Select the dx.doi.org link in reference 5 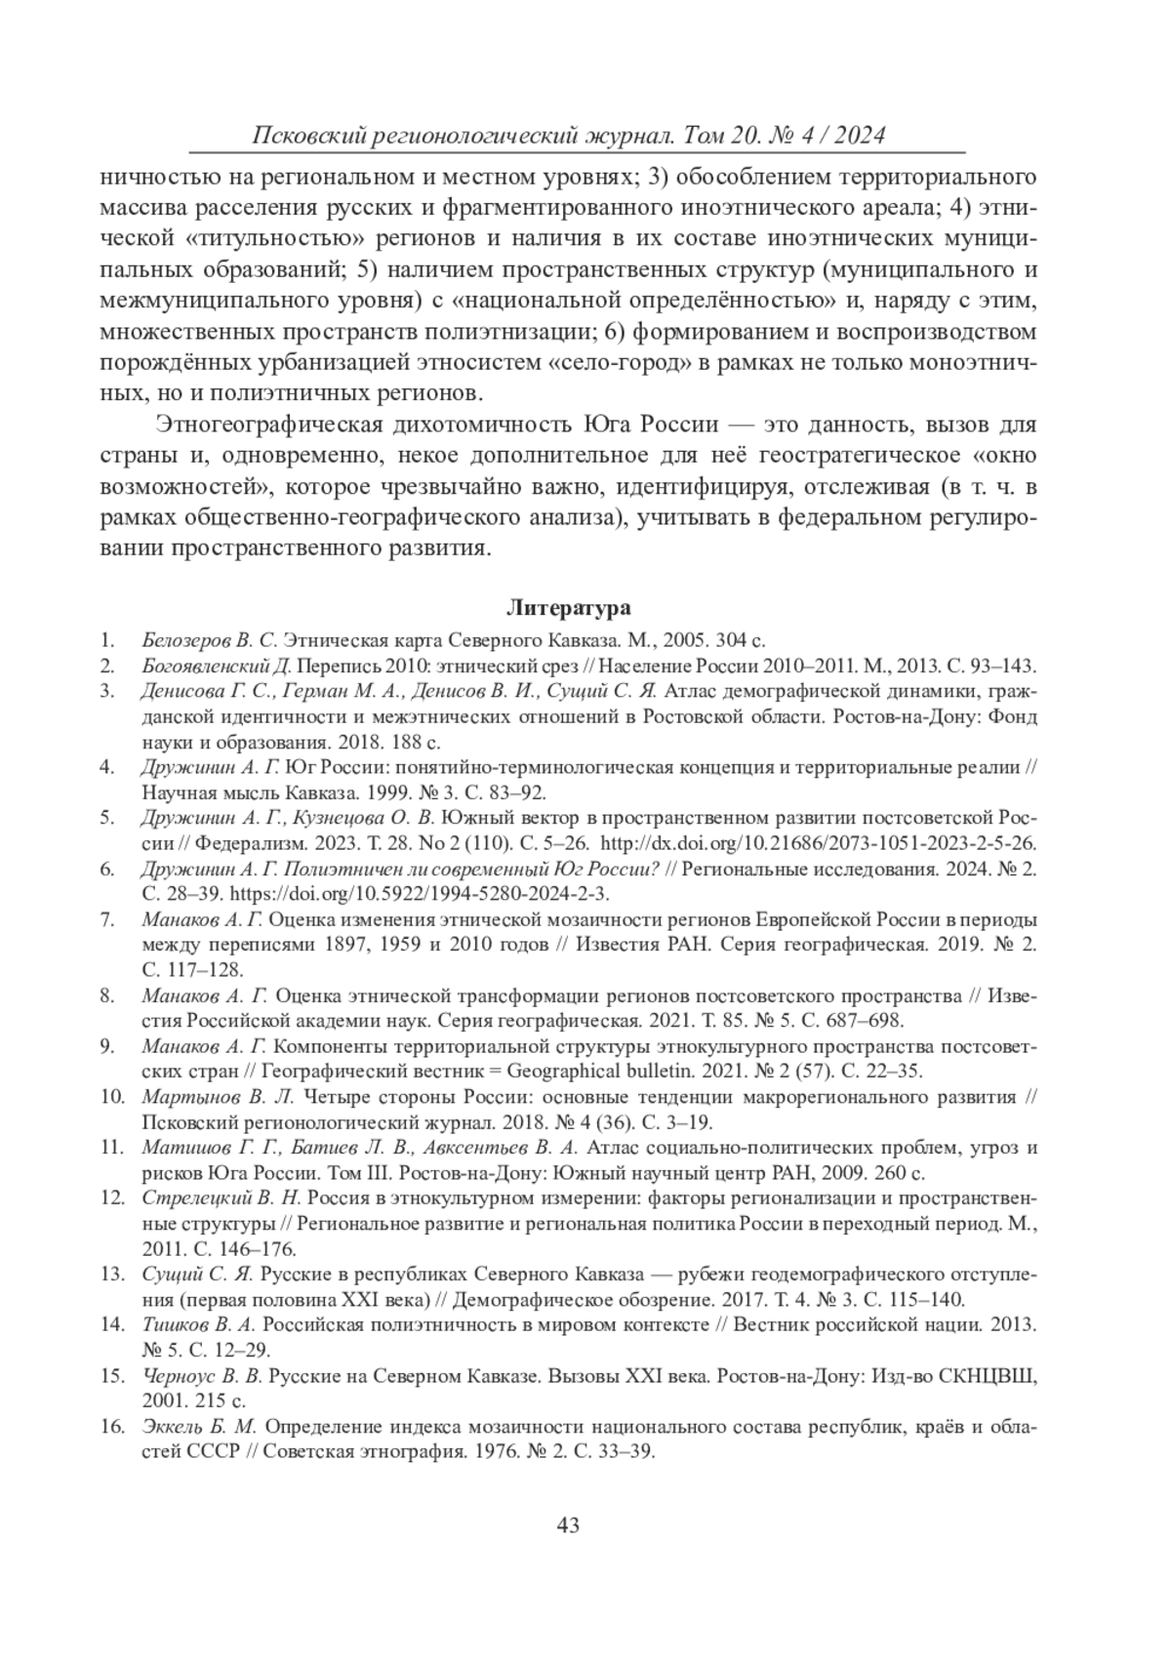[x=818, y=843]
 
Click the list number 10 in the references [x=111, y=1096]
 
